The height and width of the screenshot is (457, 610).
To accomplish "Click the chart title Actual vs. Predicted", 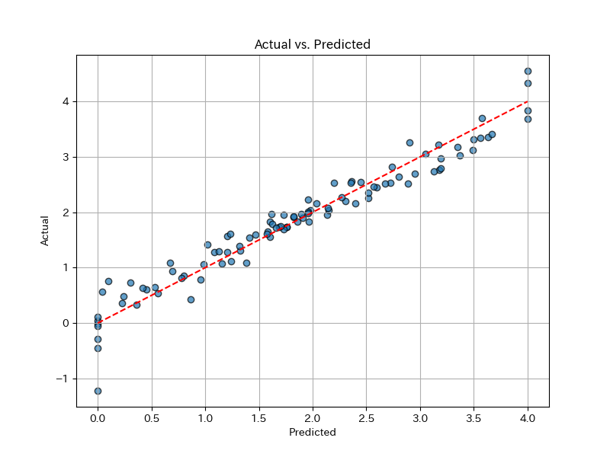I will (313, 45).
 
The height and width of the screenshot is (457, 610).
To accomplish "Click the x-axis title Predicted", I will (313, 433).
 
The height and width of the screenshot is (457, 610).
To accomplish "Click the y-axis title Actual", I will (45, 231).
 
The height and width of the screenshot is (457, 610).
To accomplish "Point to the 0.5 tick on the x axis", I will (152, 417).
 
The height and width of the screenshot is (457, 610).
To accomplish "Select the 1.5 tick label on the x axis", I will (259, 417).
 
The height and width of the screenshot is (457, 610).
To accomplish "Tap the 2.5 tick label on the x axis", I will (367, 417).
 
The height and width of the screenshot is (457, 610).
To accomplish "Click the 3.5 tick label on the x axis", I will (474, 417).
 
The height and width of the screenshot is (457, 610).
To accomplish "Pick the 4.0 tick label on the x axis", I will (528, 417).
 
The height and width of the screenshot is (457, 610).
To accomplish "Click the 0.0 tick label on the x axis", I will (98, 417).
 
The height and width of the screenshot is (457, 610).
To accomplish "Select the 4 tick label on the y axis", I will (66, 101).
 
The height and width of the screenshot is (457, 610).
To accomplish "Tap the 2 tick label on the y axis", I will (66, 213).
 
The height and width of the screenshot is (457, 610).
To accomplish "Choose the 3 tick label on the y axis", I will (66, 157).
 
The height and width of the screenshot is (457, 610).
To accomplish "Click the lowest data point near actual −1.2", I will (98, 391).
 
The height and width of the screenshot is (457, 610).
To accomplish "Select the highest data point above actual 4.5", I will (528, 71).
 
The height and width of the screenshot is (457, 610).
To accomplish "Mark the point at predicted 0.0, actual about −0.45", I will (98, 348).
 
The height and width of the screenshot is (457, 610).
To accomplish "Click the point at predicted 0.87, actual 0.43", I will (191, 299).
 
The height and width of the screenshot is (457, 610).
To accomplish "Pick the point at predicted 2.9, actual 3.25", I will (409, 142).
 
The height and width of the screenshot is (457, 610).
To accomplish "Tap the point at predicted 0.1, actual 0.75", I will (108, 281).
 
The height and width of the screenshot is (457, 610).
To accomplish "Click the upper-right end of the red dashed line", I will (528, 101).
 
